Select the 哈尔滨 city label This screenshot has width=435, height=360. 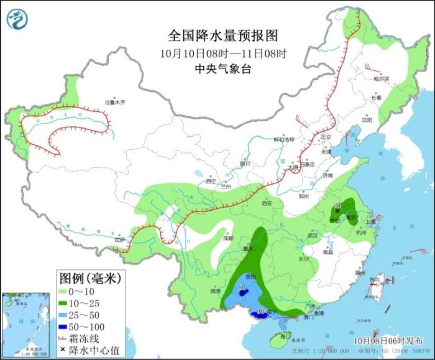pyautogui.click(x=381, y=80)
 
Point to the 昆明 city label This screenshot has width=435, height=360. pyautogui.click(x=216, y=290)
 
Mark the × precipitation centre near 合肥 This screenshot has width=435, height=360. pyautogui.click(x=337, y=211)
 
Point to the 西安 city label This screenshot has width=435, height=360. pyautogui.click(x=267, y=203)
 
